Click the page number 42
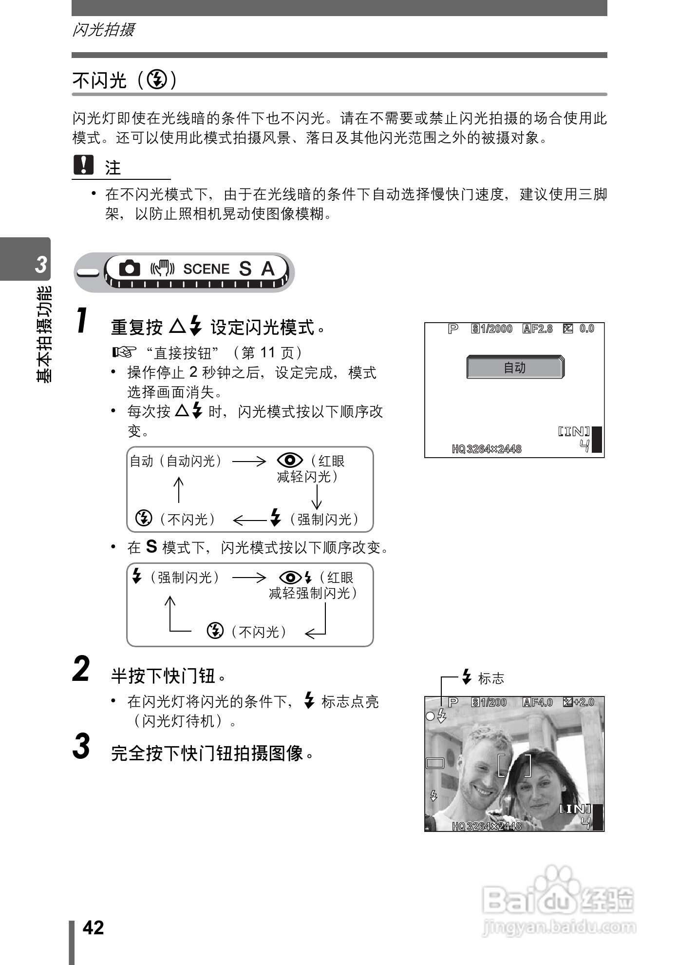pyautogui.click(x=94, y=927)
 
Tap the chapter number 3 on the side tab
pyautogui.click(x=41, y=264)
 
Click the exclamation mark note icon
pyautogui.click(x=83, y=165)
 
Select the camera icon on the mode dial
pyautogui.click(x=130, y=268)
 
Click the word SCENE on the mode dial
pyautogui.click(x=206, y=269)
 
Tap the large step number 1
pyautogui.click(x=83, y=321)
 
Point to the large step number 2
pyautogui.click(x=81, y=669)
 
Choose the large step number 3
pyautogui.click(x=81, y=746)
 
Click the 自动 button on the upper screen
pyautogui.click(x=515, y=367)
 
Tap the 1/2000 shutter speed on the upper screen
pyautogui.click(x=496, y=329)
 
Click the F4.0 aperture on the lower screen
pyautogui.click(x=542, y=702)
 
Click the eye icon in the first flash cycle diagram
pyautogui.click(x=290, y=460)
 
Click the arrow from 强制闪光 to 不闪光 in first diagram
pyautogui.click(x=249, y=520)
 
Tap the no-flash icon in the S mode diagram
pyautogui.click(x=215, y=631)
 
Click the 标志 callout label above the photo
pyautogui.click(x=490, y=678)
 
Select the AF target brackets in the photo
pyautogui.click(x=514, y=765)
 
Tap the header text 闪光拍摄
pyautogui.click(x=103, y=30)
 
